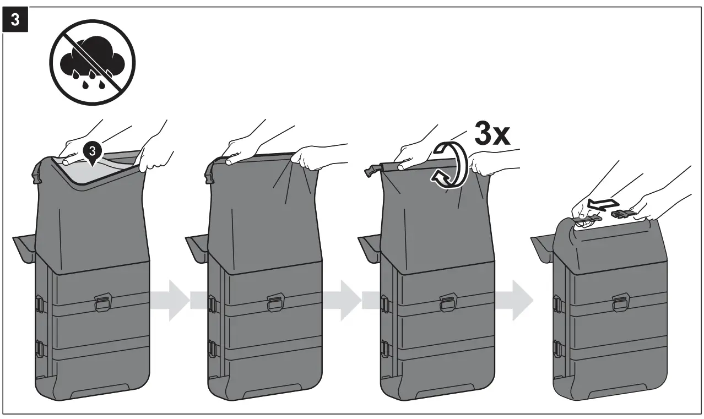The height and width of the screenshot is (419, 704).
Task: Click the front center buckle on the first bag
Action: pos(103,302)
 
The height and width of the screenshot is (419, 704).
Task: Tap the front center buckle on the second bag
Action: pos(276,302)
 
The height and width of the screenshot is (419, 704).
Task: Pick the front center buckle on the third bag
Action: pos(448,302)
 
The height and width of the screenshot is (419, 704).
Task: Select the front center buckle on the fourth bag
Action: pos(621,302)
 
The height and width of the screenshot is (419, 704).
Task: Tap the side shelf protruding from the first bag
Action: pos(24,245)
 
